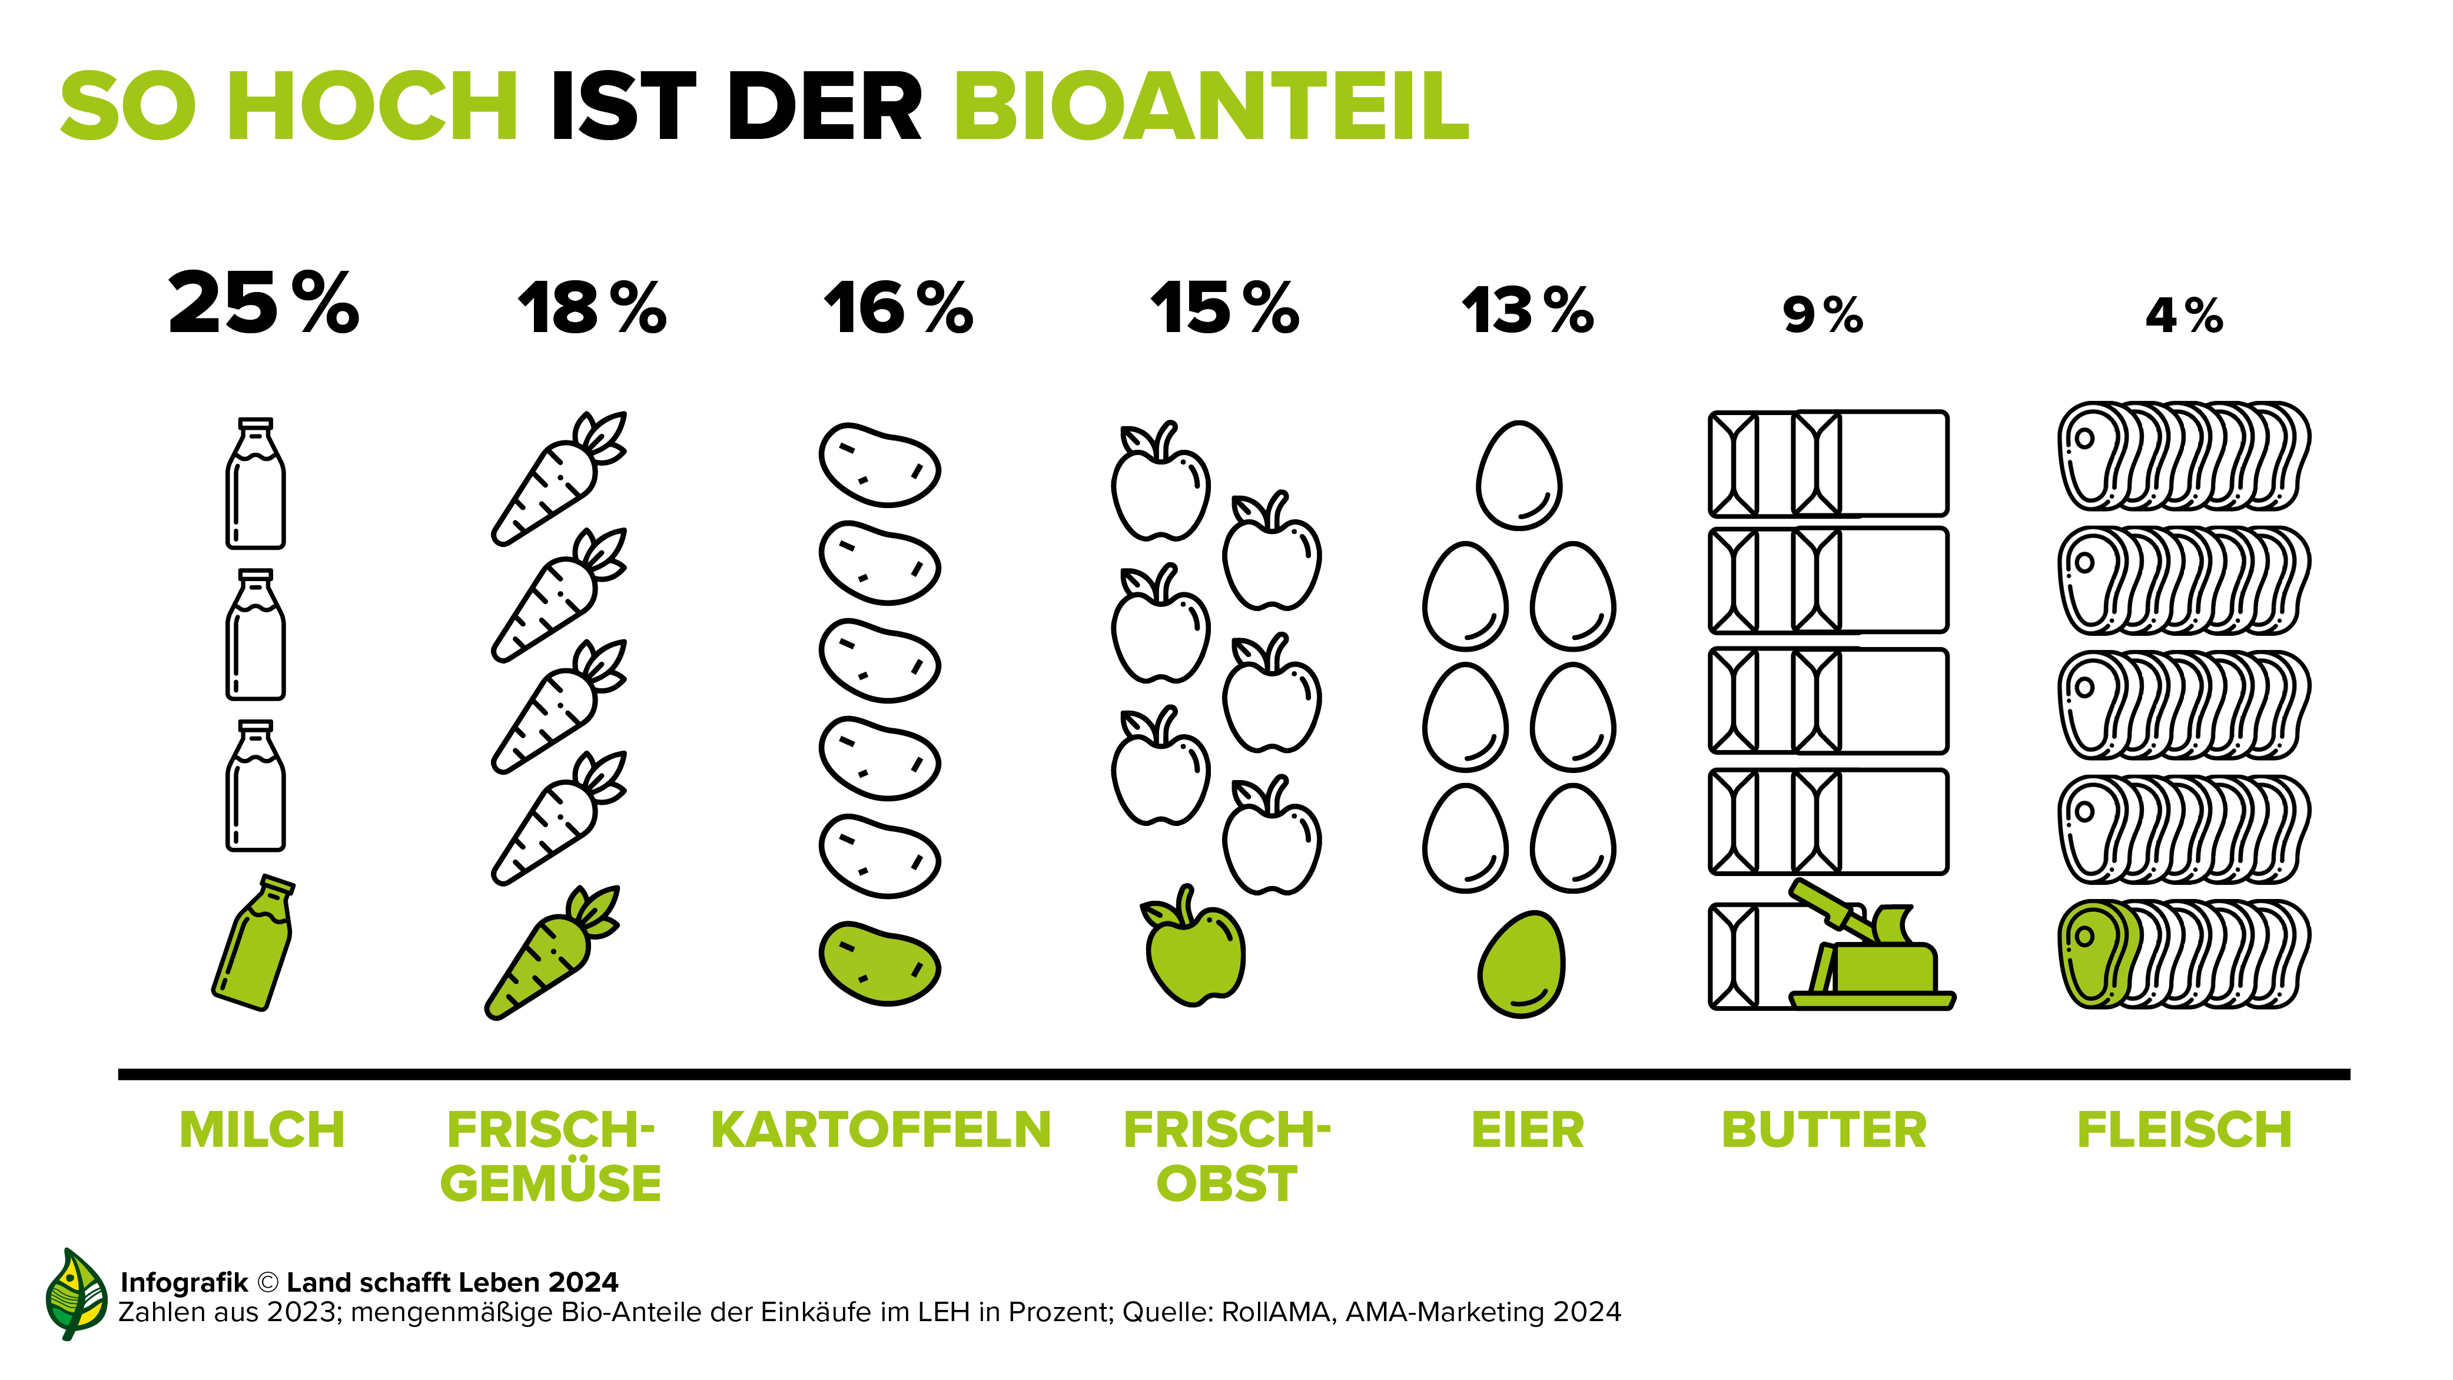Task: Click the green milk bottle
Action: [253, 943]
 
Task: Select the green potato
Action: [879, 963]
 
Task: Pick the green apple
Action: [1195, 948]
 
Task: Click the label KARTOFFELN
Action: [881, 1130]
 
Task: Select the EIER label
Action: [1528, 1130]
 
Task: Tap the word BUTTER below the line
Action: [1824, 1130]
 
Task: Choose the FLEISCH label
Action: [2183, 1130]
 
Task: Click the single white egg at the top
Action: [1519, 475]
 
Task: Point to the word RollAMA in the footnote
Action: [1276, 1312]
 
